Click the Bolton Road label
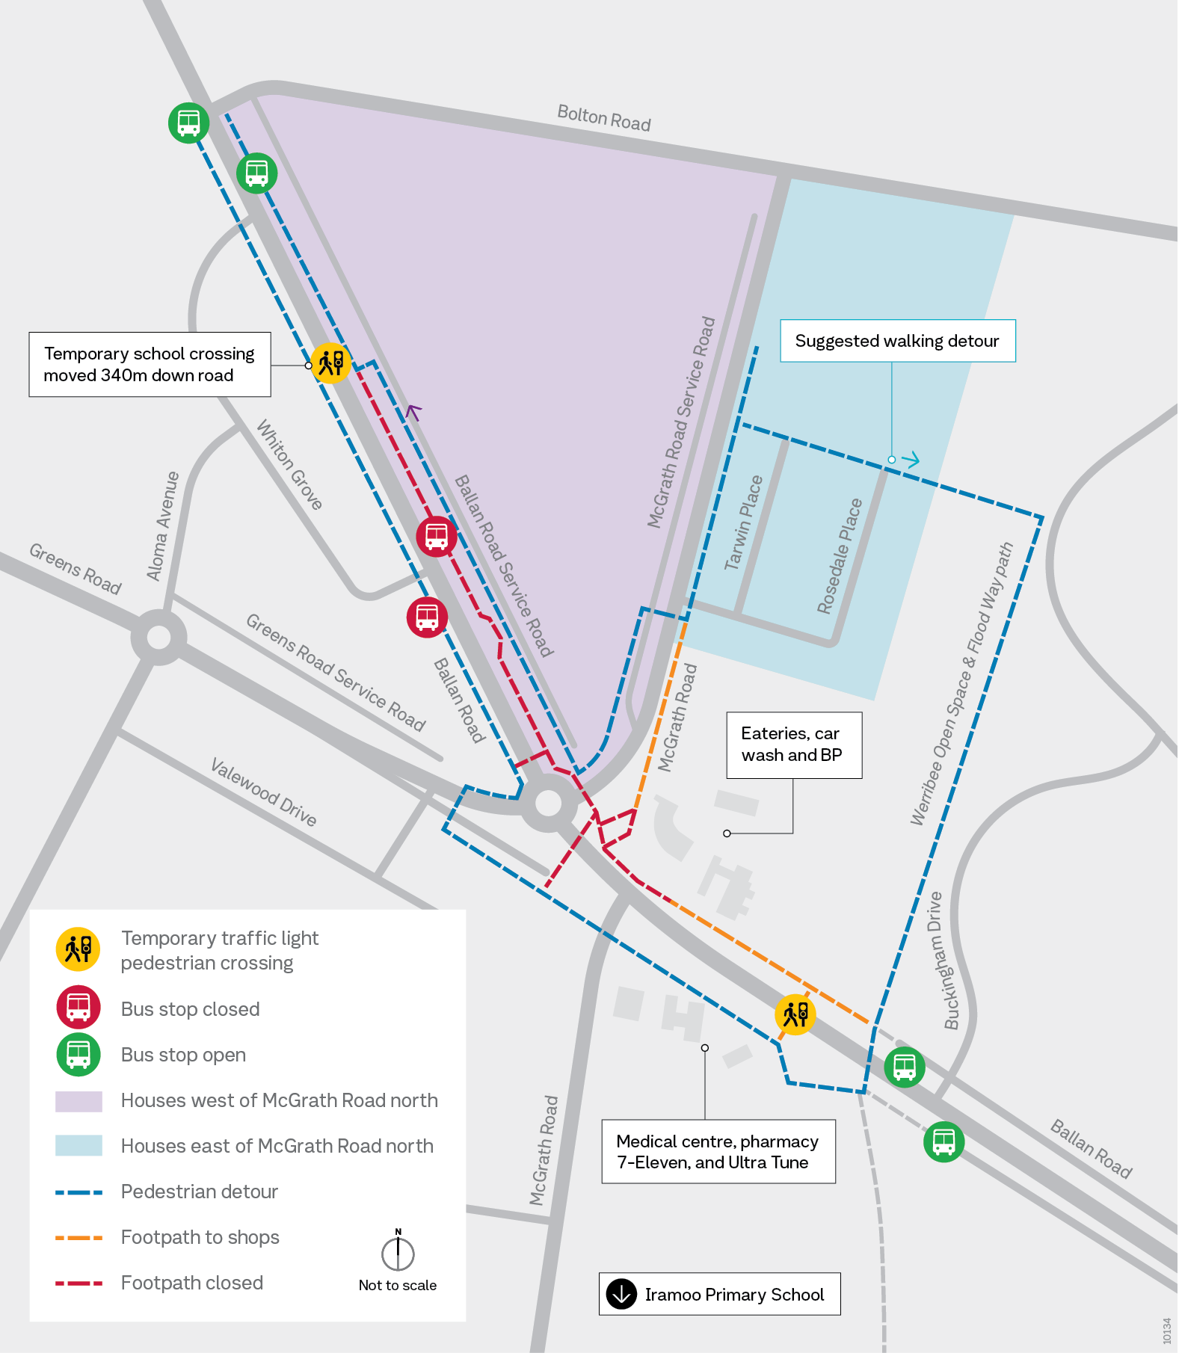[604, 118]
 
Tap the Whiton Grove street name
[289, 465]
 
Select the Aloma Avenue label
[163, 526]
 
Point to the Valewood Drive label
[264, 792]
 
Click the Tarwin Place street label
[744, 523]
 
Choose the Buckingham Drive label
[943, 961]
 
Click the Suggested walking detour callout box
[897, 341]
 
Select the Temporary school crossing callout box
[150, 364]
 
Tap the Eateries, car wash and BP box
[793, 745]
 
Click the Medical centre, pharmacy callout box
[718, 1151]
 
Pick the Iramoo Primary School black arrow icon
[621, 1294]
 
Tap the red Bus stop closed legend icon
[79, 1008]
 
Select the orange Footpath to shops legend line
[79, 1238]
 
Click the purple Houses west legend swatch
[79, 1101]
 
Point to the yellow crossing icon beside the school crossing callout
[330, 363]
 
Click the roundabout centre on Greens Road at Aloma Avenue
[158, 638]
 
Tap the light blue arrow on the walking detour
[911, 460]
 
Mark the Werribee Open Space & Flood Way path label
[961, 684]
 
